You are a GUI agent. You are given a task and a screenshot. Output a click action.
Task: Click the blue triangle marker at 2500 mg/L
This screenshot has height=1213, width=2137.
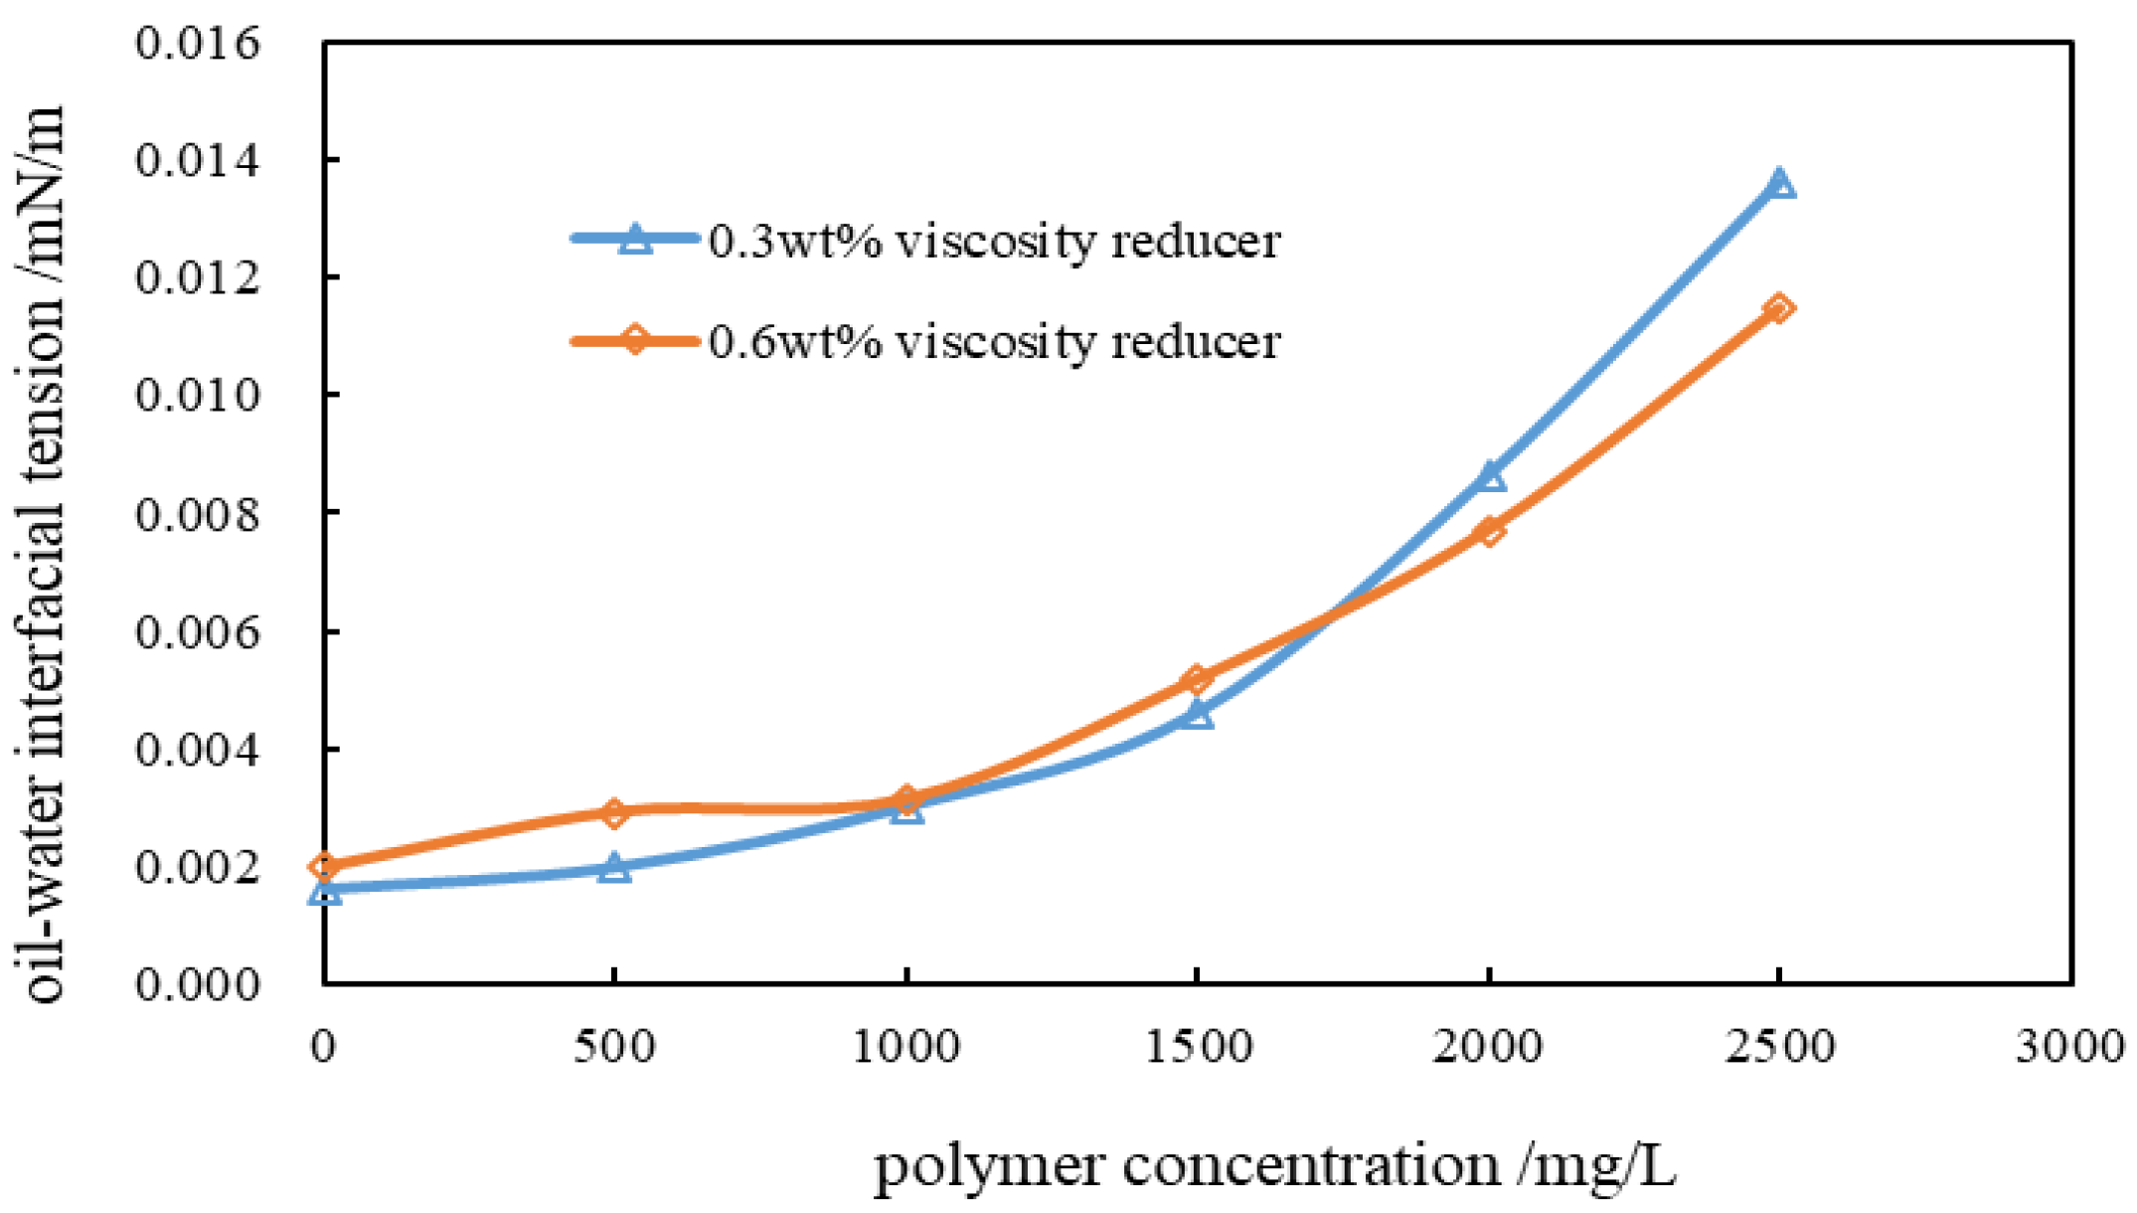click(x=1779, y=184)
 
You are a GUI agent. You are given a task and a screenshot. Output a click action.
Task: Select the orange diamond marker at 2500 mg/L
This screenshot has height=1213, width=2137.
click(x=1779, y=308)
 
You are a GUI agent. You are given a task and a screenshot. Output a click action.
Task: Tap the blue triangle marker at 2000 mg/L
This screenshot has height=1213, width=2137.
click(x=1489, y=477)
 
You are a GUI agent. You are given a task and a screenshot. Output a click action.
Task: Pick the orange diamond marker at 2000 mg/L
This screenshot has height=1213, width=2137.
click(x=1489, y=531)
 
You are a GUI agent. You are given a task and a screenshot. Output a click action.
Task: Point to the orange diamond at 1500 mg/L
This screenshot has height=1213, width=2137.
click(x=1198, y=679)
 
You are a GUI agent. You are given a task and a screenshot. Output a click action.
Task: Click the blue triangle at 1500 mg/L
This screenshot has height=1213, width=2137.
click(x=1198, y=714)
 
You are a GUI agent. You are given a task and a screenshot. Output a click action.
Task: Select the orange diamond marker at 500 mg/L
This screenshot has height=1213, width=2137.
click(x=615, y=812)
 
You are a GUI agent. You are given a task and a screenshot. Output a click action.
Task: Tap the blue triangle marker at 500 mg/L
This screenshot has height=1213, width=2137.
click(x=615, y=867)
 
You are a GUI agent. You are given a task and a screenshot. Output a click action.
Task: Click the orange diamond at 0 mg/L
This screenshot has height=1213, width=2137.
click(x=325, y=866)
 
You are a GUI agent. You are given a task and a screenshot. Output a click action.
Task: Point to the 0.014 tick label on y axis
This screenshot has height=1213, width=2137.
click(x=198, y=160)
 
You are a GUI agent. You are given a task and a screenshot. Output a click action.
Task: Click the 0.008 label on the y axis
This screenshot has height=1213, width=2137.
click(x=198, y=514)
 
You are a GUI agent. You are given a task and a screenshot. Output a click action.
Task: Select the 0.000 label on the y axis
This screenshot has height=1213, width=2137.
click(x=198, y=984)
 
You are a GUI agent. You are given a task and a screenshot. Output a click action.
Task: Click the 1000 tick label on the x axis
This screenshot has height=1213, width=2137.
click(x=905, y=1046)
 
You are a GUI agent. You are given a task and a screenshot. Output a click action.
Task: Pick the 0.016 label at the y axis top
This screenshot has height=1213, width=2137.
click(x=198, y=43)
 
